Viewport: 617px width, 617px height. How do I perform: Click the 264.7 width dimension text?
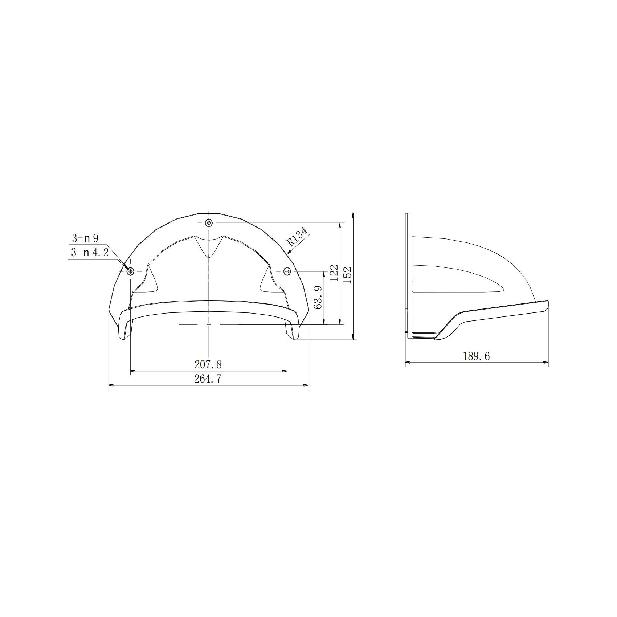pyautogui.click(x=208, y=379)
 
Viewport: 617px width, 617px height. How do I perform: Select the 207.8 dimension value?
pyautogui.click(x=208, y=364)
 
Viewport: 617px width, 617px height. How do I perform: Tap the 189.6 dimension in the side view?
pyautogui.click(x=476, y=356)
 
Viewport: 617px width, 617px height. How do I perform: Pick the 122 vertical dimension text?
pyautogui.click(x=335, y=273)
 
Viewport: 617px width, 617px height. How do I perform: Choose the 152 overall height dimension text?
pyautogui.click(x=347, y=275)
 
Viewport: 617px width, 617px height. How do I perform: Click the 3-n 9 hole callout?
pyautogui.click(x=85, y=238)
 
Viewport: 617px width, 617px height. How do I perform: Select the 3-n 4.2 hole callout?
pyautogui.click(x=90, y=253)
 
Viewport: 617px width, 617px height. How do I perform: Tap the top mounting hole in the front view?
pyautogui.click(x=209, y=222)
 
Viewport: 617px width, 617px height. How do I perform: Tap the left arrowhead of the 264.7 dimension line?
pyautogui.click(x=111, y=385)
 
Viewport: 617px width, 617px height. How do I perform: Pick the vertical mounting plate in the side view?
pyautogui.click(x=409, y=276)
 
